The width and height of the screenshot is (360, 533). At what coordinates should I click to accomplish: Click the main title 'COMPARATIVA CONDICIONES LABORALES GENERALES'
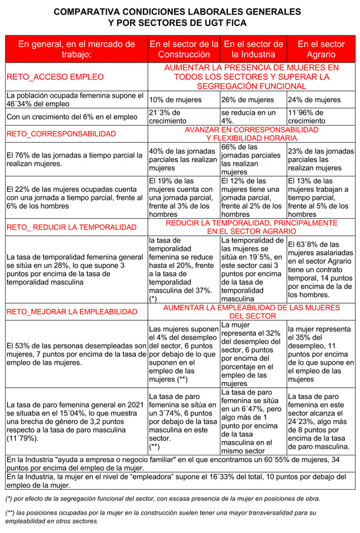[x=180, y=11]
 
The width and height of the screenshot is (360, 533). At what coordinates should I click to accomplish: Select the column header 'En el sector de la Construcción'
[x=183, y=49]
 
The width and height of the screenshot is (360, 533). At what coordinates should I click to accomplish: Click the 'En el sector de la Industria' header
[x=253, y=49]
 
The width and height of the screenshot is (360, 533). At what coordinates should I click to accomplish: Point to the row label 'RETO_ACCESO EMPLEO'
[x=55, y=77]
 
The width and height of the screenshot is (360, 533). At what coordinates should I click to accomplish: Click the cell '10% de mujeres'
[x=175, y=100]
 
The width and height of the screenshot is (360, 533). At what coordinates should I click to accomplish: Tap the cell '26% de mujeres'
[x=248, y=100]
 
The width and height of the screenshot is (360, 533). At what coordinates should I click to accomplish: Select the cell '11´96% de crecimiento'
[x=311, y=116]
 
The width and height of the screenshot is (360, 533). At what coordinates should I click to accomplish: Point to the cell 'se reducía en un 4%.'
[x=248, y=116]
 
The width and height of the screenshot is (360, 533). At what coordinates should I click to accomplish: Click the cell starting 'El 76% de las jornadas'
[x=75, y=159]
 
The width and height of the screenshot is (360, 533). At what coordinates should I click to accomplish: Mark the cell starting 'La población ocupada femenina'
[x=75, y=100]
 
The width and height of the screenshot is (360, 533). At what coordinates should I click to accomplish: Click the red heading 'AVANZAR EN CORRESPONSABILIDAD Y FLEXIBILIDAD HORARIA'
[x=251, y=133]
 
